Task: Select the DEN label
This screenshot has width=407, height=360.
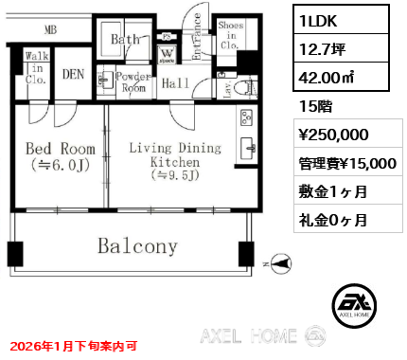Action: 74,74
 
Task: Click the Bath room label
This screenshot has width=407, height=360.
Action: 125,40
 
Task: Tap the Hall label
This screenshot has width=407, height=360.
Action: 175,84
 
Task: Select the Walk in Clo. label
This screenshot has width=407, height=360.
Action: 37,68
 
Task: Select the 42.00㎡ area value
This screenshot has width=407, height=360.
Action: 326,82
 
